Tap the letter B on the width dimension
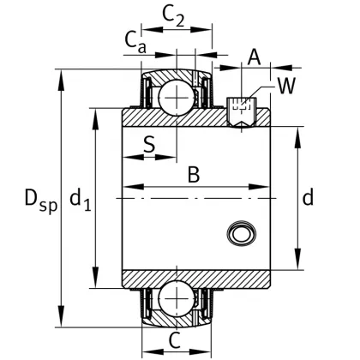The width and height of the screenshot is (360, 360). tap(194, 175)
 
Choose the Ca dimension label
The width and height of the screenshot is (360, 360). tap(134, 39)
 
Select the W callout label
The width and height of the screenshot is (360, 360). tap(286, 86)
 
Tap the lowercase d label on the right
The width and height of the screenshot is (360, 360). tap(308, 198)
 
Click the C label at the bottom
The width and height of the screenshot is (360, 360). tap(175, 340)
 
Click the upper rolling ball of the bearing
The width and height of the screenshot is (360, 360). tap(176, 96)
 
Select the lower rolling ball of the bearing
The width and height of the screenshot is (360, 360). tap(176, 300)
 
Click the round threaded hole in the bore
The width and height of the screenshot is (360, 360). tap(239, 232)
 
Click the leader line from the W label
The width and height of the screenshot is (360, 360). tap(262, 93)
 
